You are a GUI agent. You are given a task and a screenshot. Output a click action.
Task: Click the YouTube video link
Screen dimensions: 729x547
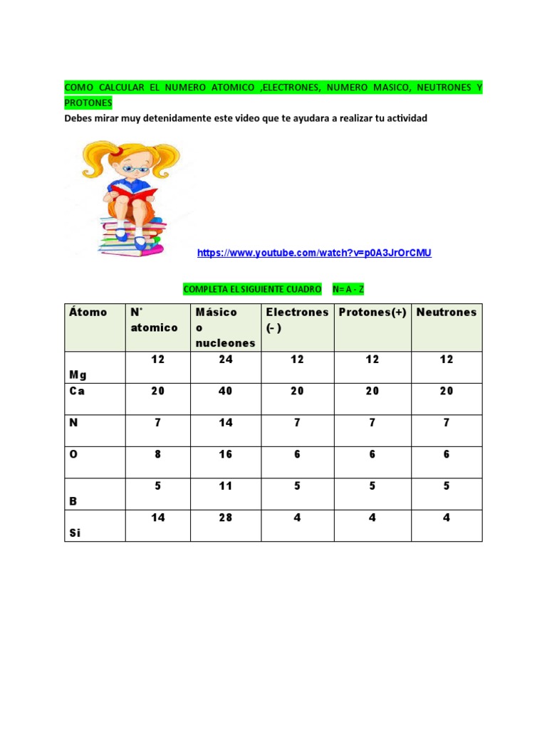(314, 253)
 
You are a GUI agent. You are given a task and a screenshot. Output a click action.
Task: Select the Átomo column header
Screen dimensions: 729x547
(88, 312)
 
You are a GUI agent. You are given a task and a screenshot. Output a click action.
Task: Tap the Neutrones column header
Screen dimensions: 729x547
(447, 312)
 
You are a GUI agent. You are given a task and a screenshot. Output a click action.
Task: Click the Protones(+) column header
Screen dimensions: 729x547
(373, 312)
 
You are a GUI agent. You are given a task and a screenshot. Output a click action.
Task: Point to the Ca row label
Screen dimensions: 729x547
(77, 391)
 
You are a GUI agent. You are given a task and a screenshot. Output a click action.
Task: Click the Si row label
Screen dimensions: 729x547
(75, 532)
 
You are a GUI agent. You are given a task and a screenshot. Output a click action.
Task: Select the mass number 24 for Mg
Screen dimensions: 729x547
(226, 360)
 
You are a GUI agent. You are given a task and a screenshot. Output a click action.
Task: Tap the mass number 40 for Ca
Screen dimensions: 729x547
(226, 391)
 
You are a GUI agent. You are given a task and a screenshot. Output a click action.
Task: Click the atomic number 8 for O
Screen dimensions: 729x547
(158, 454)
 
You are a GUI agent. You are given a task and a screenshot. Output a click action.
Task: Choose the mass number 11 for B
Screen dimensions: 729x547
(226, 486)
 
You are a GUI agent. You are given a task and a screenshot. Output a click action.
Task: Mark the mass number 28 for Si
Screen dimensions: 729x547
(226, 518)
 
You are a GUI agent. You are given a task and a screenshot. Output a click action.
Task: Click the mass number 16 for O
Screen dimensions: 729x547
(226, 454)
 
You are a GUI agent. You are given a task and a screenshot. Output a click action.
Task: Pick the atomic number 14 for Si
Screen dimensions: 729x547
(158, 518)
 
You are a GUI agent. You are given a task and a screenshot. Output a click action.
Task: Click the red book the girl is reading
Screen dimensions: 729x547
(133, 192)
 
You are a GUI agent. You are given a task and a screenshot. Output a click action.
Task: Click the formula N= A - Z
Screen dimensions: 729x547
(348, 290)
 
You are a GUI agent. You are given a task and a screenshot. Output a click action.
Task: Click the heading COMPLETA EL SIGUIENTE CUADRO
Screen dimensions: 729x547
(252, 290)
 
